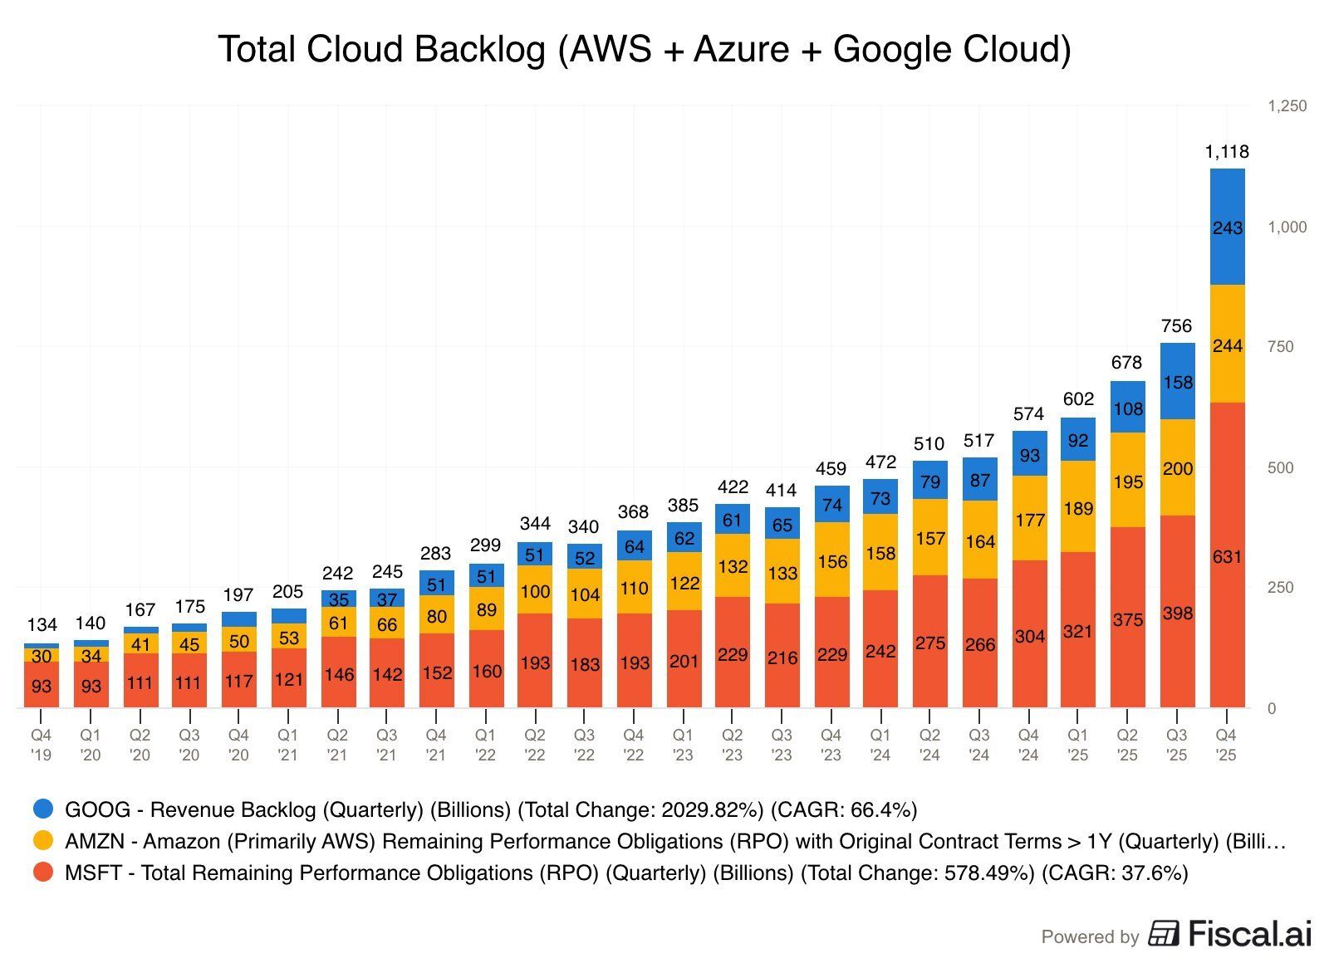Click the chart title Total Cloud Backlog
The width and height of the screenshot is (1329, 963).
[644, 50]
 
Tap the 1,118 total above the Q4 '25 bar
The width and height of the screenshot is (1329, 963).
[1227, 152]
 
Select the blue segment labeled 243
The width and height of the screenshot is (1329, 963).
[1227, 227]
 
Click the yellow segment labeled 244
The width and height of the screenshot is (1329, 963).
[1227, 345]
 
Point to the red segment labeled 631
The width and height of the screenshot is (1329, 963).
[1227, 556]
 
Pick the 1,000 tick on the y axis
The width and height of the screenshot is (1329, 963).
[1287, 227]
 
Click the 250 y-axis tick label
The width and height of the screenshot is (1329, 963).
[1280, 588]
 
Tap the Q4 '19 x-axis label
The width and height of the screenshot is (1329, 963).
[42, 745]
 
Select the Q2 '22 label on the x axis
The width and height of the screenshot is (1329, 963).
[535, 745]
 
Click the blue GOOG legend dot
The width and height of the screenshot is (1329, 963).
[43, 809]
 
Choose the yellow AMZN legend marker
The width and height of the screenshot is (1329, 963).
[43, 840]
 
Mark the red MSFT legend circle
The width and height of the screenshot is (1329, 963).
[43, 873]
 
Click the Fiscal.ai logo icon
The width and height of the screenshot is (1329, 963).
[1164, 934]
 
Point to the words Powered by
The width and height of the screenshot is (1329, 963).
[1090, 937]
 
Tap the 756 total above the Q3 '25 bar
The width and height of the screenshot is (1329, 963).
[1177, 326]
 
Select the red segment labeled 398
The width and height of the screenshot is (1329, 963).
[1177, 613]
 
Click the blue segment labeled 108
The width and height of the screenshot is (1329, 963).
[1128, 408]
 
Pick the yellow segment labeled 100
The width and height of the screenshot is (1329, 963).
[535, 591]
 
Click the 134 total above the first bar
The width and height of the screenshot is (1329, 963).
[42, 624]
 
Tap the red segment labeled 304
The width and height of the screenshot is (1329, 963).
[1029, 636]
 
